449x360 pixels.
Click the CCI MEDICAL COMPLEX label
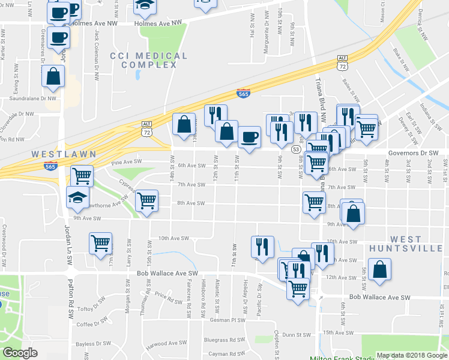click(149, 60)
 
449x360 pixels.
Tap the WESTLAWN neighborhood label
click(64, 154)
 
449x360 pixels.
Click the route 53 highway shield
click(296, 149)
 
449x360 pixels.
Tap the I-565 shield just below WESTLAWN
click(51, 166)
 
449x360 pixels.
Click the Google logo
click(20, 353)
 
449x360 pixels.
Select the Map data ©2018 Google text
click(412, 355)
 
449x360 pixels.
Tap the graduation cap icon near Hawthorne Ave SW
click(77, 196)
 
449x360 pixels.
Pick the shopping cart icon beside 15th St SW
click(146, 200)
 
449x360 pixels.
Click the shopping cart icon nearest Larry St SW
click(100, 244)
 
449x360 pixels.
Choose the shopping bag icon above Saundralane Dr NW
click(53, 76)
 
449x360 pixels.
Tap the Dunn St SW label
click(295, 335)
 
